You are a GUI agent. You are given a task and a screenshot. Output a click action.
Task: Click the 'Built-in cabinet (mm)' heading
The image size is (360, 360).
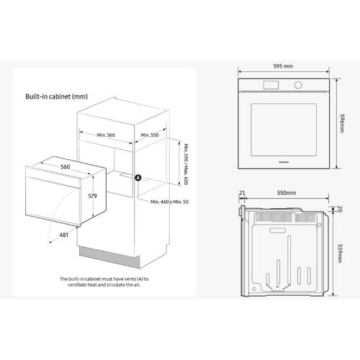(56, 96)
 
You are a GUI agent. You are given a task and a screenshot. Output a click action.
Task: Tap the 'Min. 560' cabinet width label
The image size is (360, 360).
(106, 135)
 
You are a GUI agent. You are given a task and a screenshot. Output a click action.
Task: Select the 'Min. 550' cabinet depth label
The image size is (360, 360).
(150, 135)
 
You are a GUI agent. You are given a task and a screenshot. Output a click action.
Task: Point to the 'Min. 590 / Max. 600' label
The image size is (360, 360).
(186, 164)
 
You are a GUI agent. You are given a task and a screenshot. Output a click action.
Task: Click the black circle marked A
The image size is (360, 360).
(138, 178)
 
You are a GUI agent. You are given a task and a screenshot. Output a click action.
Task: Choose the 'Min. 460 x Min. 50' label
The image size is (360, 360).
(169, 202)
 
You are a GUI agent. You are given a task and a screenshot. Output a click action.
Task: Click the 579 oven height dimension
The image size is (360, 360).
(92, 196)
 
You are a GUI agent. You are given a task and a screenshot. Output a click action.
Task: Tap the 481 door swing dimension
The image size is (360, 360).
(64, 235)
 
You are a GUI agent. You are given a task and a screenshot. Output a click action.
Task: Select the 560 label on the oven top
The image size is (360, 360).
(66, 167)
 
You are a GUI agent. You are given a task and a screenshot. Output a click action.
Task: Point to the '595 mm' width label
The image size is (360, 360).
(283, 66)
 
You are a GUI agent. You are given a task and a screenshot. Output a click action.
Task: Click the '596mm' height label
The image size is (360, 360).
(342, 123)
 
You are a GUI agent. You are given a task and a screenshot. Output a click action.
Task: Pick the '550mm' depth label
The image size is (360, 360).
(287, 193)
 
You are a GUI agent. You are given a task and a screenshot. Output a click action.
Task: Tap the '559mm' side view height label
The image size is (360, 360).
(340, 253)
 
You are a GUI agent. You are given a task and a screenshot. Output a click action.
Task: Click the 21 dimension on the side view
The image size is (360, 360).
(242, 193)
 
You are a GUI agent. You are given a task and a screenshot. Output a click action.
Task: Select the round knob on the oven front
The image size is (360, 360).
(298, 85)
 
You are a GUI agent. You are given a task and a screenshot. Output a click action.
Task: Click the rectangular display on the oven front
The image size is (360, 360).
(271, 85)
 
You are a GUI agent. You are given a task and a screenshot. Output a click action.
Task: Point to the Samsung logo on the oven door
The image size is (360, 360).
(284, 162)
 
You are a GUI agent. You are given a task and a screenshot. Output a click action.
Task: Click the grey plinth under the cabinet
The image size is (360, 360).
(109, 257)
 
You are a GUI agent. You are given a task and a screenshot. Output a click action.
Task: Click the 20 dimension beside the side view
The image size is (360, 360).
(340, 209)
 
